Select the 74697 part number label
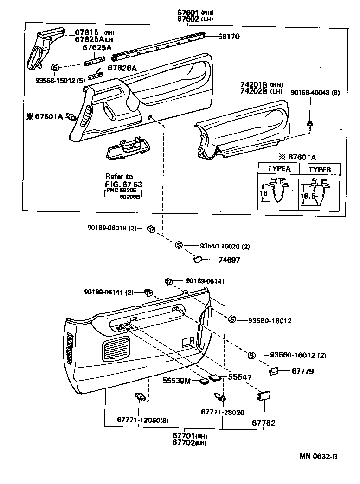tap(229, 261)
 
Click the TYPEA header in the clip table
tap(279, 169)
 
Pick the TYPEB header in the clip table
tap(320, 169)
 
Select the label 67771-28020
tap(223, 412)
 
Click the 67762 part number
tap(264, 423)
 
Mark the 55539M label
tap(177, 381)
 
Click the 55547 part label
tap(240, 377)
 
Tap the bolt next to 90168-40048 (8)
tap(309, 124)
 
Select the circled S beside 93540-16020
tap(179, 246)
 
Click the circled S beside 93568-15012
tap(55, 68)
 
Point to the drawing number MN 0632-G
tap(318, 456)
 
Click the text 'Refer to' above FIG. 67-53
tap(119, 177)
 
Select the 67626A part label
tap(122, 68)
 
